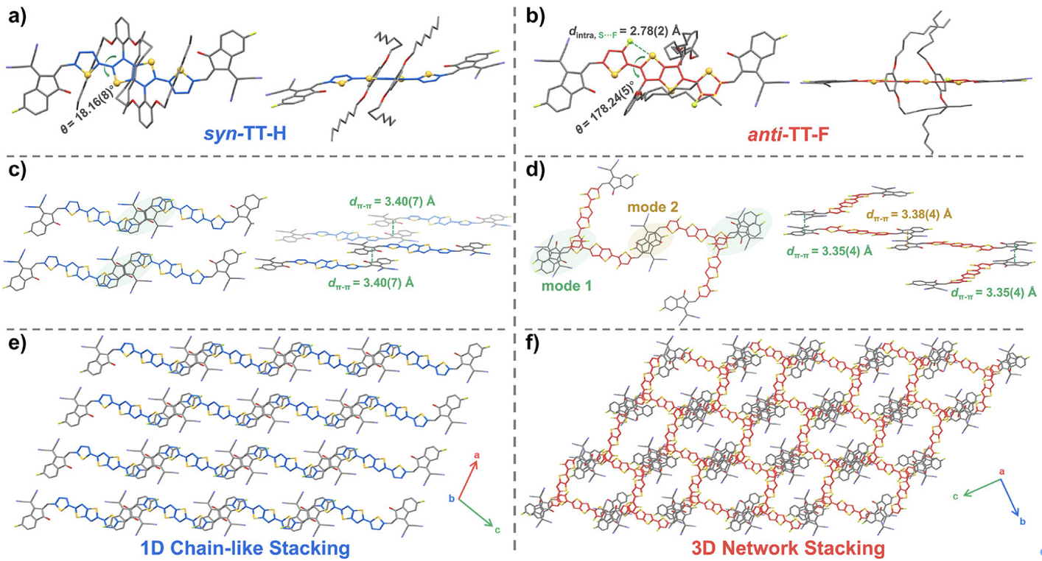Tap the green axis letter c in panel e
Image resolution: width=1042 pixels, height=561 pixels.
tap(498, 529)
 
